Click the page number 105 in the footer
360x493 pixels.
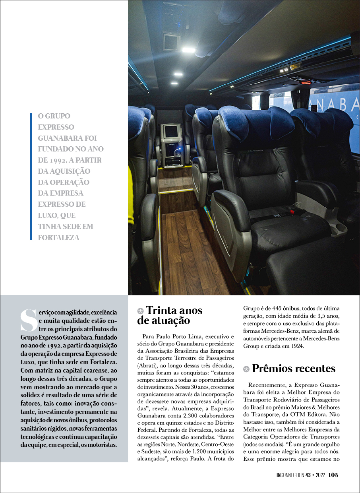tap(333, 475)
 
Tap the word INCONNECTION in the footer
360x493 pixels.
tap(290, 475)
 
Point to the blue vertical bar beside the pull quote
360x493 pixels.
tap(31, 177)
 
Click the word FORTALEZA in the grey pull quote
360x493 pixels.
tap(59, 238)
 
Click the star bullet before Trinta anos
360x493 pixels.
tap(140, 311)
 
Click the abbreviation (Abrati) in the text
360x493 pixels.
tap(147, 365)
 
